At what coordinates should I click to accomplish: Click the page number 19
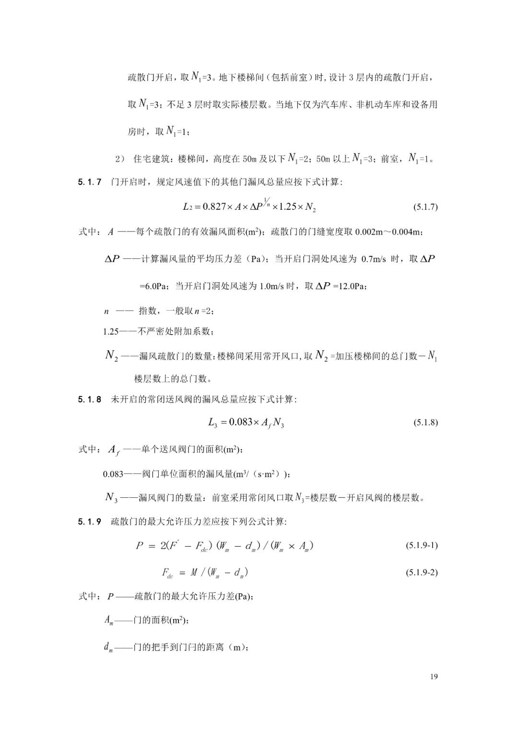tap(434, 677)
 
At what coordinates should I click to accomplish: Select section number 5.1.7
tap(90, 182)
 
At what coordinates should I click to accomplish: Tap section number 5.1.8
tap(90, 399)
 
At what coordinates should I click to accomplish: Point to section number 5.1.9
tap(90, 522)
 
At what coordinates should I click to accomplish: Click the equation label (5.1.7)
tap(425, 207)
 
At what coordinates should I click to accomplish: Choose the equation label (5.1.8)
tap(425, 423)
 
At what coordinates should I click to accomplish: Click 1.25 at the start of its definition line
tap(111, 332)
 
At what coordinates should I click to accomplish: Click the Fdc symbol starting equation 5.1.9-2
tap(167, 573)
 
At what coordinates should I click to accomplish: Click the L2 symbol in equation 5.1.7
tap(188, 207)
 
